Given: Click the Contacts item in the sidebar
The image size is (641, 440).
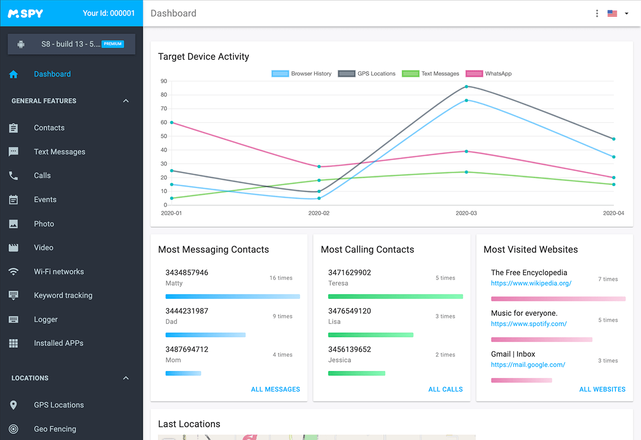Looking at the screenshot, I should click(49, 128).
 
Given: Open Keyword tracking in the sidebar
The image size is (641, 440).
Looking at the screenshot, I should click(63, 295).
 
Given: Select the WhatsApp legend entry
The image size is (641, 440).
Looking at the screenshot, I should click(489, 74).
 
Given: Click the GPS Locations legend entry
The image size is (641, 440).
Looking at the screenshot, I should click(367, 74).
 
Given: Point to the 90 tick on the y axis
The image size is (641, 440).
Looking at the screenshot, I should click(164, 81).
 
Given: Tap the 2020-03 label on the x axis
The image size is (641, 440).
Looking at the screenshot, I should click(466, 213).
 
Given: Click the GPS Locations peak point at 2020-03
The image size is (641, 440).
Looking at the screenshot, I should click(466, 87).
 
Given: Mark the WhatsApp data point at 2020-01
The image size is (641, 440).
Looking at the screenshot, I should click(172, 122).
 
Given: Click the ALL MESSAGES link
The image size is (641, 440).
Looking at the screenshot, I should click(275, 389).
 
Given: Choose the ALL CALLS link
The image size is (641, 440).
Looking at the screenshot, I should click(446, 389).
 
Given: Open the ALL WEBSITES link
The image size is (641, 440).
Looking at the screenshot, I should click(602, 389).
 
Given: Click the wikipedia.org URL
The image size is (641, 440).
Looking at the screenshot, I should click(531, 283).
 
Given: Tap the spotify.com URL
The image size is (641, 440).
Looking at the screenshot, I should click(529, 324).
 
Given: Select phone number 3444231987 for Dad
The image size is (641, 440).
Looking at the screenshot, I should click(187, 311).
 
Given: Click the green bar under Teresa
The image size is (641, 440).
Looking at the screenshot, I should click(396, 296).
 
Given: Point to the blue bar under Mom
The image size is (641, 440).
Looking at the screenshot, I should click(183, 373).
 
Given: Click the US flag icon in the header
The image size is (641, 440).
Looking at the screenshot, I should click(612, 14).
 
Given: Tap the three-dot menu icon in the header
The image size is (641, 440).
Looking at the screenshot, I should click(597, 14).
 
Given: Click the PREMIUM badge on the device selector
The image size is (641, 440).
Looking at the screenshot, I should click(113, 44).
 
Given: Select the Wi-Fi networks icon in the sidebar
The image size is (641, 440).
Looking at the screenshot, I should click(14, 272).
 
